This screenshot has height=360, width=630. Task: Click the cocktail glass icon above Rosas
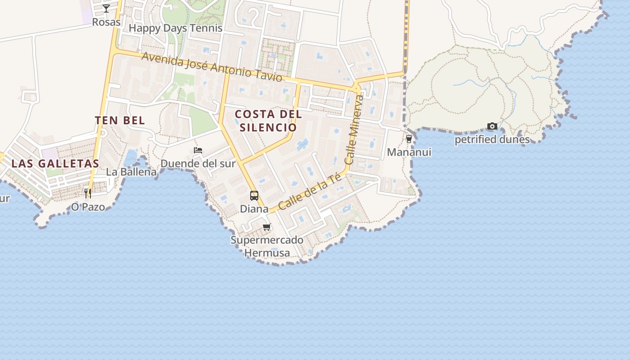(x=106, y=8)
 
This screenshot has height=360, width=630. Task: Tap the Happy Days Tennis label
(x=175, y=28)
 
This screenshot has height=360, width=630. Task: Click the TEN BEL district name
(x=120, y=120)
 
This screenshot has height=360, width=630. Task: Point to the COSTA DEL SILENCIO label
(x=268, y=121)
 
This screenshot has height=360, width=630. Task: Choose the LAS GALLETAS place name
(x=55, y=163)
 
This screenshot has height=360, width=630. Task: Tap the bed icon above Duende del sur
(x=198, y=150)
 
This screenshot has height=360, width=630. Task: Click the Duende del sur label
(x=198, y=163)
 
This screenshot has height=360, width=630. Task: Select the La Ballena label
(x=131, y=172)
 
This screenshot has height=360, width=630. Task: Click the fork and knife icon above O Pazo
(x=88, y=193)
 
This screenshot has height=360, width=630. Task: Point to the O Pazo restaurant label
(x=88, y=207)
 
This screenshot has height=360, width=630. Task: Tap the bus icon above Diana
(x=254, y=196)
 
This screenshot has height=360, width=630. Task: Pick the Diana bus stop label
(x=254, y=209)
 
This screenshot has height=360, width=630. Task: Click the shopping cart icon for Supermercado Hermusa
(x=267, y=227)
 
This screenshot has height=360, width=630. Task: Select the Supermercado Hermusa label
(x=267, y=246)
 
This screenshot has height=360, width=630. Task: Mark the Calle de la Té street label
(x=309, y=192)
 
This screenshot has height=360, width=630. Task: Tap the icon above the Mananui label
(x=409, y=139)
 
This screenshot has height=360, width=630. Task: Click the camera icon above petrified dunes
(x=492, y=126)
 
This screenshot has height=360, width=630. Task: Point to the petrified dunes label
(x=492, y=139)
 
